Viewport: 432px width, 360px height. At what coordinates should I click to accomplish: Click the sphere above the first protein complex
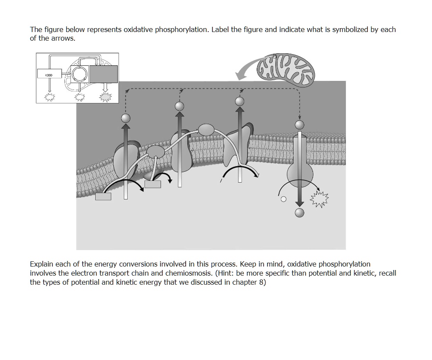125,118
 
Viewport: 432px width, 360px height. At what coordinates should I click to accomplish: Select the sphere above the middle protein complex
179,106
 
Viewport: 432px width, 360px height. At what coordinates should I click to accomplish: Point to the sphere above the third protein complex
239,101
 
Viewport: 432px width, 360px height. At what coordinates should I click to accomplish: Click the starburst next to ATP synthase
319,199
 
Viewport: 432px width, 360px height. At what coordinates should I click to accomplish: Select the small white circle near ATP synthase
284,199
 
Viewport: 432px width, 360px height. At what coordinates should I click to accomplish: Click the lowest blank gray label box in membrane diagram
103,196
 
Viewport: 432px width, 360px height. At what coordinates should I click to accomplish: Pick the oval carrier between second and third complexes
206,129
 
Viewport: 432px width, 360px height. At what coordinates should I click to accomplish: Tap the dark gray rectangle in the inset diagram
103,74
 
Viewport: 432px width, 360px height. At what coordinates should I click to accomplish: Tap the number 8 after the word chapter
260,283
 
